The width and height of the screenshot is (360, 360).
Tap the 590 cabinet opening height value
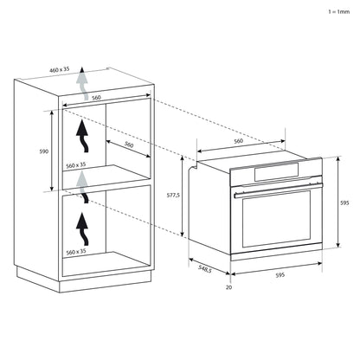[x=43, y=149]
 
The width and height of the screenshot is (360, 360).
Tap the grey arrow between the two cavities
[x=83, y=180]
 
